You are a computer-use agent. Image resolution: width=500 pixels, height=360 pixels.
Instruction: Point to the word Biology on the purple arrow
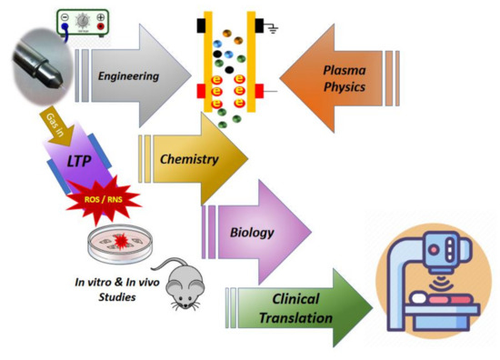251,231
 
